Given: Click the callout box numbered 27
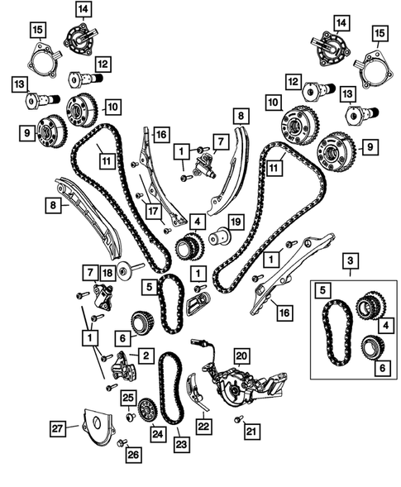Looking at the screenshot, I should point(57,427).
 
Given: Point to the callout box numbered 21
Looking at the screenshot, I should point(251,430).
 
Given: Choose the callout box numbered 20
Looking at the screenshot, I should point(241,356).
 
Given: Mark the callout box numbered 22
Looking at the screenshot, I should point(203,424).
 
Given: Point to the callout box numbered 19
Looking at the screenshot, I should point(235,221).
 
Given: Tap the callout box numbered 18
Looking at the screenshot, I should point(107,273).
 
